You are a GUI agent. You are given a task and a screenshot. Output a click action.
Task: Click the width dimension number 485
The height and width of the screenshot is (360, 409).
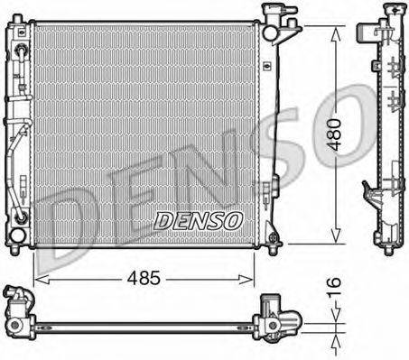144,279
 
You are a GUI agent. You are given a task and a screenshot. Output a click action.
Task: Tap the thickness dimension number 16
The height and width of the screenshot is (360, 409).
335,290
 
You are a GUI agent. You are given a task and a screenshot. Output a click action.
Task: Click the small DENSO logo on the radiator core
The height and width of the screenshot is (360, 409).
198,219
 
